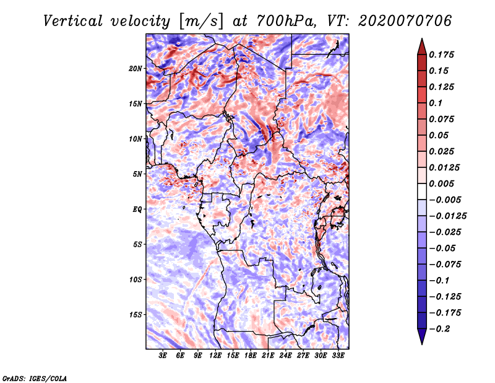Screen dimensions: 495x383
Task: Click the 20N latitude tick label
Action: (136, 69)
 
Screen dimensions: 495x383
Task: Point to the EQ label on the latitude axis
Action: (137, 209)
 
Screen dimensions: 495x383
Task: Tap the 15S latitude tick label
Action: (136, 315)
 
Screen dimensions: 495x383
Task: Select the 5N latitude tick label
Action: (137, 174)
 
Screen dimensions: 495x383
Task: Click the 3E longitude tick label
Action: (163, 356)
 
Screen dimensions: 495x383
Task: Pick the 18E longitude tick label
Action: (251, 356)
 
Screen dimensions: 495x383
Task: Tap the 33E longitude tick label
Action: (338, 356)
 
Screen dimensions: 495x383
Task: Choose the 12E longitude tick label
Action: (215, 356)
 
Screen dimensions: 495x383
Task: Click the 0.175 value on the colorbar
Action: (441, 55)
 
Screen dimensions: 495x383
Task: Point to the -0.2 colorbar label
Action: (439, 329)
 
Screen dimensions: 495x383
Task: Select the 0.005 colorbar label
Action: (441, 183)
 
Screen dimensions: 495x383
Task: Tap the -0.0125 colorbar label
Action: (447, 216)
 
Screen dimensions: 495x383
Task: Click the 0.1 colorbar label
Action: (436, 103)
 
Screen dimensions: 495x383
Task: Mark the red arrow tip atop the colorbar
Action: (422, 38)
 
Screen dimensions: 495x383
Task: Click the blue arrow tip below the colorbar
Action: (422, 344)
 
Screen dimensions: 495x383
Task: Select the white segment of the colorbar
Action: (422, 191)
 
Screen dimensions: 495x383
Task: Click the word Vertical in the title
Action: (73, 21)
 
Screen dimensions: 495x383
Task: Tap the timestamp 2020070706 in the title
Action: (405, 21)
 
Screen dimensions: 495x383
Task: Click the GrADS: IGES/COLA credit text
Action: (35, 378)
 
